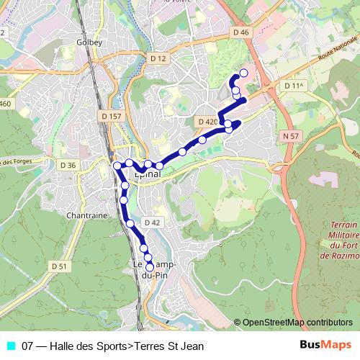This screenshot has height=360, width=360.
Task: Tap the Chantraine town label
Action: coord(86,215)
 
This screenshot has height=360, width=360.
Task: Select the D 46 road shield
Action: coord(241,32)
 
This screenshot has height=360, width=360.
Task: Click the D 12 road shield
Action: coord(158,58)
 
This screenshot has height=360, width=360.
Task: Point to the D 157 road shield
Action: coord(112,115)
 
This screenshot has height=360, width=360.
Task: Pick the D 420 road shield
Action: coord(206,122)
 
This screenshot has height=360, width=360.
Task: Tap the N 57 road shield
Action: coord(291,135)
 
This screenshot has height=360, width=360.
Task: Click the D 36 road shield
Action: coord(68,166)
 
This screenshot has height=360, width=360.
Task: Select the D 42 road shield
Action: coord(152,222)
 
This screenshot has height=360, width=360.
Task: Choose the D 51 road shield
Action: coord(59,266)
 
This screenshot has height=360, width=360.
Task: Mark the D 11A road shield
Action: coord(295,86)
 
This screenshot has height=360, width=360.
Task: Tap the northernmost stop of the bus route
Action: coord(243,73)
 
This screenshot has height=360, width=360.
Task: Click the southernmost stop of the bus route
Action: coord(150,266)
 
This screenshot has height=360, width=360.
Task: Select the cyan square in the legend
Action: coord(10,346)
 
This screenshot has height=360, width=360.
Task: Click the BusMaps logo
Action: coord(325,346)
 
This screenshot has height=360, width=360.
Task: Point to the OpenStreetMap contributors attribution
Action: coord(297,323)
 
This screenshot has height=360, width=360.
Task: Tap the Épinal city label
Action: coord(148,174)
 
